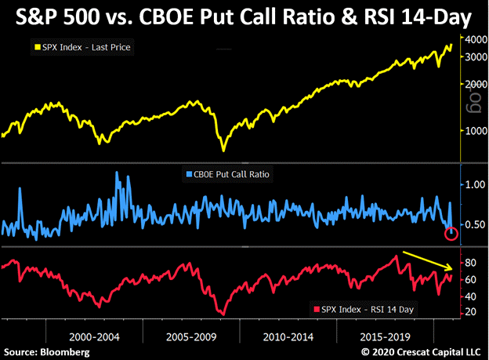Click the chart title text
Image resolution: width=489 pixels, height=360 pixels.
[244, 16]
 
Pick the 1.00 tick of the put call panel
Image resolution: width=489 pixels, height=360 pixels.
[473, 184]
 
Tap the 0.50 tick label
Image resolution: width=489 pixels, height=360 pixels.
[473, 225]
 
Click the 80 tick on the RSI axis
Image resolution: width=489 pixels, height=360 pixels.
[469, 263]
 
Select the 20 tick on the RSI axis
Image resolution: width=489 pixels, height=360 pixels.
[469, 311]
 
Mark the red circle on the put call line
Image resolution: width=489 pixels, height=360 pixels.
[451, 233]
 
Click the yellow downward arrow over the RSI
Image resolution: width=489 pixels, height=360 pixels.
[426, 260]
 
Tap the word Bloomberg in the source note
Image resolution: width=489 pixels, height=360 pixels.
[66, 351]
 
